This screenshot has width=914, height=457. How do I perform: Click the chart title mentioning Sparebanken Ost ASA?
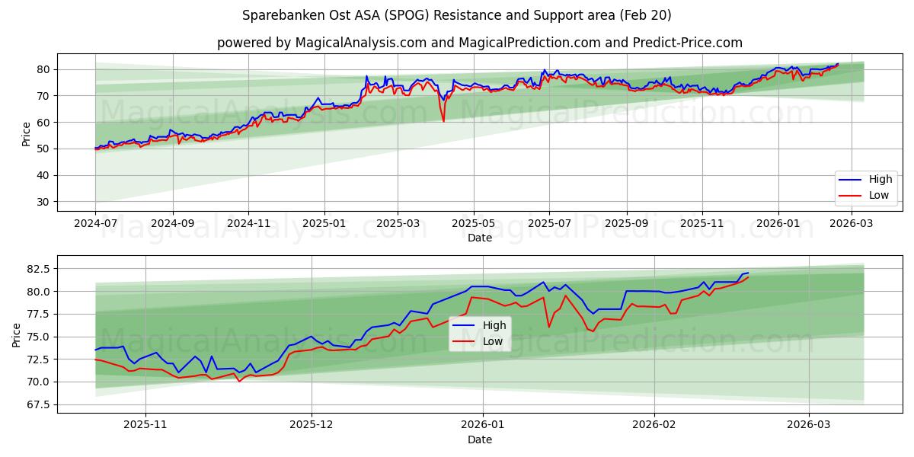pos(457,15)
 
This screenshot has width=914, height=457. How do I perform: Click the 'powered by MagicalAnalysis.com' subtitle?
pos(480,43)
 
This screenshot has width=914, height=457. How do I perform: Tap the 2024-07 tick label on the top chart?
pos(95,224)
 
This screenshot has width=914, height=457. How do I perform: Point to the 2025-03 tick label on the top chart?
pos(398,224)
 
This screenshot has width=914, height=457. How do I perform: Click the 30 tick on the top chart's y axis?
pos(43,202)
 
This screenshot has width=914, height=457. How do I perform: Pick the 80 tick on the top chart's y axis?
pos(43,69)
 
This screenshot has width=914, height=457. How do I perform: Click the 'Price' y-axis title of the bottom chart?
pos(17,334)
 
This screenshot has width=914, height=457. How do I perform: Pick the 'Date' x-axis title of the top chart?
pos(480,238)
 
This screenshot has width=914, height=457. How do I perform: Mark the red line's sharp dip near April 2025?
pos(443,120)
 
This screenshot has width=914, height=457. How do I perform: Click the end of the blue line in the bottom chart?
pos(748,273)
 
